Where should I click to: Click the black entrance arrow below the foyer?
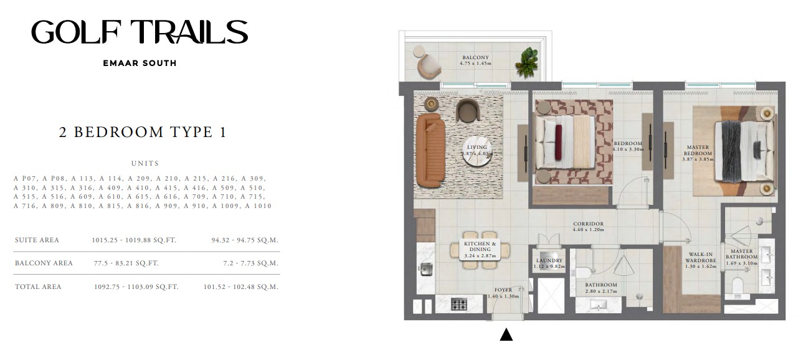[x=506, y=334]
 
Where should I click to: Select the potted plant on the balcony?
[x=527, y=62]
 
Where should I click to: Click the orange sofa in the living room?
[x=430, y=150]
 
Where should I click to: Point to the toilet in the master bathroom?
[x=737, y=286]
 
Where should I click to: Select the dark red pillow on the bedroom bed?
[x=558, y=142]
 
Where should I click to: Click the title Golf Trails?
[x=140, y=32]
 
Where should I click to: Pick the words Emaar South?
[x=140, y=64]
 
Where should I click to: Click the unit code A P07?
[x=25, y=178]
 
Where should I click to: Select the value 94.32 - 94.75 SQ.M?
[x=245, y=240]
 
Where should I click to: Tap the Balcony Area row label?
[x=44, y=263]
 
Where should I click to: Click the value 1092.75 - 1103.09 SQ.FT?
[x=136, y=287]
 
